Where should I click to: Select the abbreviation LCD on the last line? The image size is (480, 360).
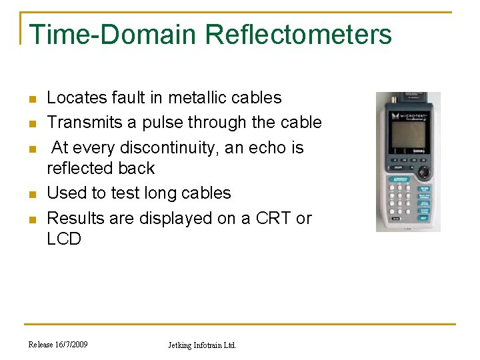[64, 239]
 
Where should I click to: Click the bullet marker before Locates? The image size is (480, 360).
[31, 99]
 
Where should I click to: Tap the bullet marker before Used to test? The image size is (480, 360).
[31, 195]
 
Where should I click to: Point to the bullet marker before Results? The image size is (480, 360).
[31, 219]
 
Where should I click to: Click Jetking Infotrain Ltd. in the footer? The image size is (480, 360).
[201, 345]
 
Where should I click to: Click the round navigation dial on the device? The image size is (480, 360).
[425, 171]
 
